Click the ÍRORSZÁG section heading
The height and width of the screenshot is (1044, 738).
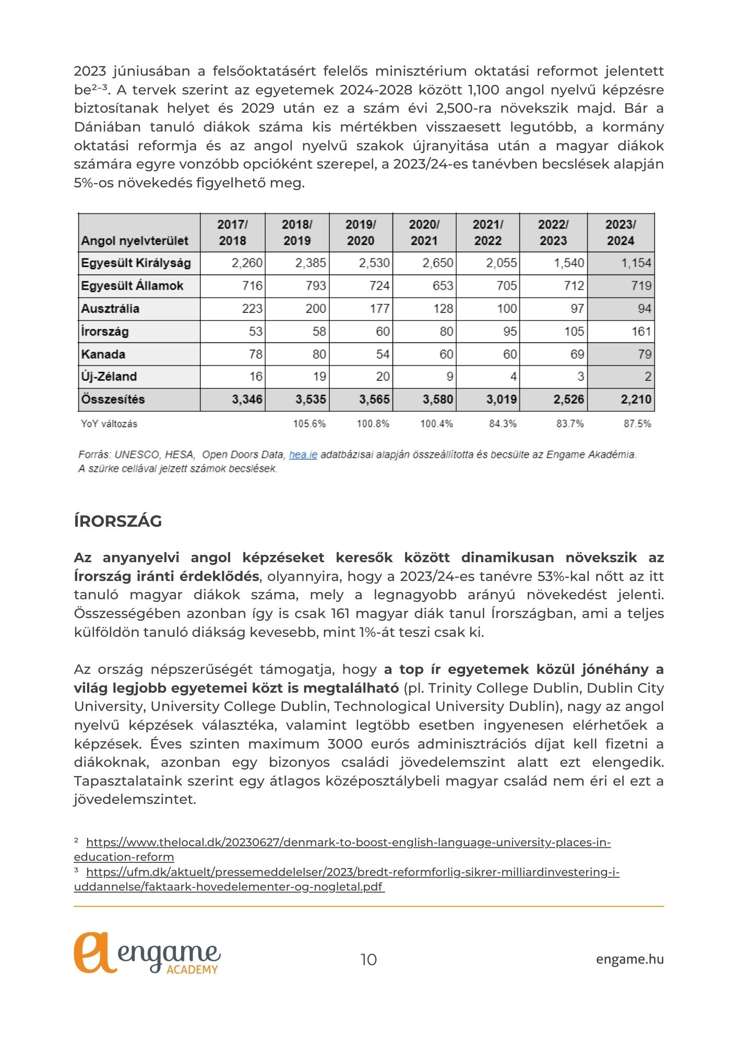click(x=118, y=521)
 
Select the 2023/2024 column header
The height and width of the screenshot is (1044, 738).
click(x=620, y=232)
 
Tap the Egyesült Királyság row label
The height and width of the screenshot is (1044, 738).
click(x=136, y=263)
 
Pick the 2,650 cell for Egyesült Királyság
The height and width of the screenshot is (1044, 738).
click(x=437, y=263)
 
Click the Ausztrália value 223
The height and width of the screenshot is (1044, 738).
click(x=252, y=309)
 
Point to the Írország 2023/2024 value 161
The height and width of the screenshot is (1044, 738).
click(x=641, y=331)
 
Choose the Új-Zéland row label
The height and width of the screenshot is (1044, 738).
click(x=109, y=376)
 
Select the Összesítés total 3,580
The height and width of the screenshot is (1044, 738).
click(x=437, y=399)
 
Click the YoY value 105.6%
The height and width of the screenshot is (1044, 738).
click(x=309, y=423)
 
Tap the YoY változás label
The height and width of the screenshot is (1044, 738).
click(x=109, y=423)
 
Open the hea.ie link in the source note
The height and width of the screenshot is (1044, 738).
click(x=303, y=455)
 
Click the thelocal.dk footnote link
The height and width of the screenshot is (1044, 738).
click(x=348, y=843)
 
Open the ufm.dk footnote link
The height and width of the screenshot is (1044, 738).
click(x=352, y=872)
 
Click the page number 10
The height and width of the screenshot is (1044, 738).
click(x=368, y=959)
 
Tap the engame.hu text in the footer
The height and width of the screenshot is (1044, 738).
click(x=629, y=959)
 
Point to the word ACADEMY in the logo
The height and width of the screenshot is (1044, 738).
click(x=192, y=969)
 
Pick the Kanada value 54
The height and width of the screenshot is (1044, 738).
click(x=383, y=354)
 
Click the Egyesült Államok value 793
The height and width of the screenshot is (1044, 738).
click(x=316, y=286)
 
